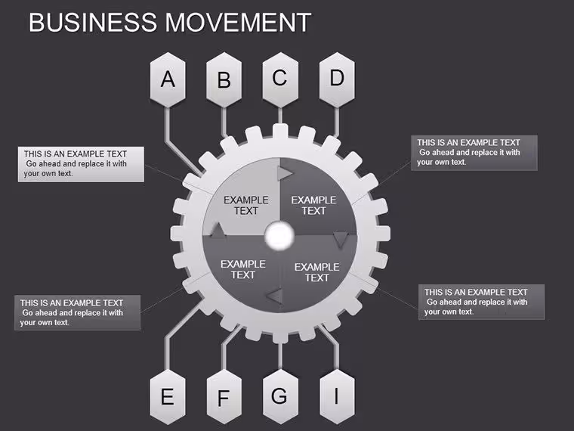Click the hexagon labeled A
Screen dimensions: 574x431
point(168,80)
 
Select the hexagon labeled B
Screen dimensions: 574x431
point(224,80)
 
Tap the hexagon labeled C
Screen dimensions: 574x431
point(280,80)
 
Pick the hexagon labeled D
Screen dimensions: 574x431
point(337,80)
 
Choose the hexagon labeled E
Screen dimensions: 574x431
point(168,397)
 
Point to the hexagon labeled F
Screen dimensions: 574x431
point(224,397)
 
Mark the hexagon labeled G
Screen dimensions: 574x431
point(280,397)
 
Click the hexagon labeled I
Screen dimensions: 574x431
point(337,397)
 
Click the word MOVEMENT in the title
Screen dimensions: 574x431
point(239,23)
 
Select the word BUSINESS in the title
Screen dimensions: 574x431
point(93,23)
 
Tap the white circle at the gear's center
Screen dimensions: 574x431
point(279,236)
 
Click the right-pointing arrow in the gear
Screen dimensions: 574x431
point(285,173)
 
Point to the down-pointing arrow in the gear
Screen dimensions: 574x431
point(341,240)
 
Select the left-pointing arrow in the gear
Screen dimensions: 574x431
point(275,296)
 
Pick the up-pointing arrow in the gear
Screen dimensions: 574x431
point(218,230)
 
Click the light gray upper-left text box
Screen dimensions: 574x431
point(81,164)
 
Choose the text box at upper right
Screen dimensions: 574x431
point(474,153)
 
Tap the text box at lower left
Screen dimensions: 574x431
point(77,312)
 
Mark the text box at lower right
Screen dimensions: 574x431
point(481,302)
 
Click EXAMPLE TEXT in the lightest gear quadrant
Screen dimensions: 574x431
point(246,205)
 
